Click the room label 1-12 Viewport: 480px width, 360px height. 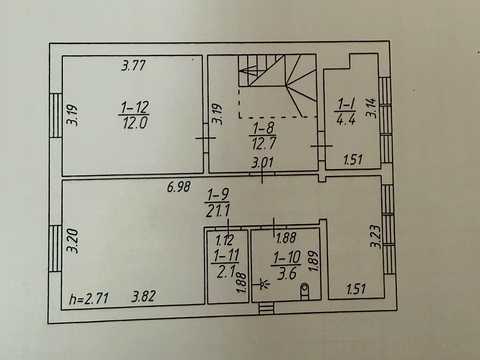pos(135,107)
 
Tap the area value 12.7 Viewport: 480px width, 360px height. pos(263,143)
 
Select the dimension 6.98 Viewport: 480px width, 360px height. pos(179,187)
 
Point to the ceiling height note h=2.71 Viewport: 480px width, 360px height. pos(89,298)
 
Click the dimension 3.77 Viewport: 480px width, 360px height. pos(133,65)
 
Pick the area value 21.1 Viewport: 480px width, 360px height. pos(218,210)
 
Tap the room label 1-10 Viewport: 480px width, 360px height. pos(287,257)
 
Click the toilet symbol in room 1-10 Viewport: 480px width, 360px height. pos(304,290)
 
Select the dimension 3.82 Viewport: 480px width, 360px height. pos(143,296)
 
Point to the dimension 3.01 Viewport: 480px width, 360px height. pos(262,163)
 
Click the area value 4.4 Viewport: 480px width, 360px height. pos(346,119)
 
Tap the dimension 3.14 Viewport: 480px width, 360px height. pos(372,107)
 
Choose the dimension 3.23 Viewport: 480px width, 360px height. pos(375,236)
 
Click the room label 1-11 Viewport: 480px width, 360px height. pos(226,256)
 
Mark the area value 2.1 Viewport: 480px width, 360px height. pos(226,273)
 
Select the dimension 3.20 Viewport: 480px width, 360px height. pos(73,240)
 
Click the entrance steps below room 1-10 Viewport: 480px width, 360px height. pos(266,308)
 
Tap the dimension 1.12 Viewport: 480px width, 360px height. pos(225,240)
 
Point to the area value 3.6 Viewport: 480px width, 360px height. pos(287,273)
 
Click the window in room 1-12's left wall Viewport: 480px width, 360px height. pos(56,115)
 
